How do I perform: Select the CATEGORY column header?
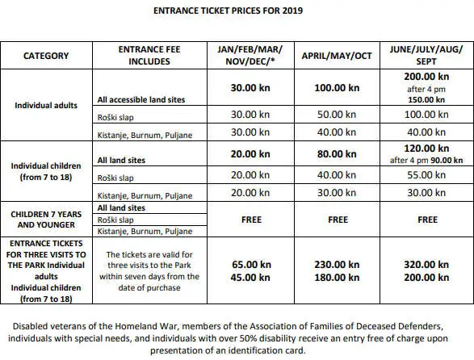45,56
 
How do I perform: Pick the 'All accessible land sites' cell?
141,100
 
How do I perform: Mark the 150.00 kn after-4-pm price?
428,100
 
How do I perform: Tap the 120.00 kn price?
428,149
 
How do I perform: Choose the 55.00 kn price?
428,174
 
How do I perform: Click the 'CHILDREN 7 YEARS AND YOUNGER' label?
46,219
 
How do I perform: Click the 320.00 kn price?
428,263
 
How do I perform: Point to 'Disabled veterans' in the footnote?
45,326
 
